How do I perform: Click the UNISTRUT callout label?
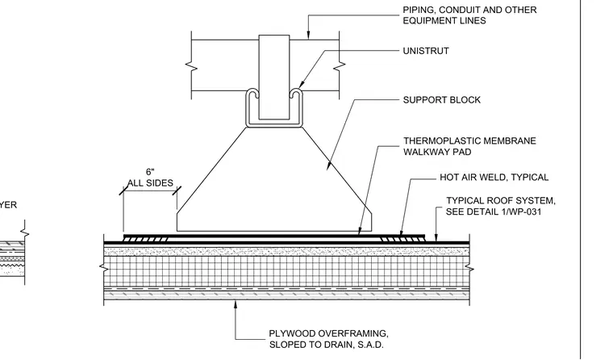pos(426,51)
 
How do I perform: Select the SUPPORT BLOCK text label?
pos(442,100)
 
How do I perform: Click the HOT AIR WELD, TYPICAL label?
pos(494,178)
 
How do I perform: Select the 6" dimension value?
pos(150,172)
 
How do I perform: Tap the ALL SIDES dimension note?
pos(150,182)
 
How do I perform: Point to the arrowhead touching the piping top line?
pos(308,36)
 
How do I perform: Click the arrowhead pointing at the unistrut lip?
pos(302,84)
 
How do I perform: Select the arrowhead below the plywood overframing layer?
pos(236,305)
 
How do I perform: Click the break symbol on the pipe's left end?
pos(192,66)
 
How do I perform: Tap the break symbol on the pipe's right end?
pos(340,66)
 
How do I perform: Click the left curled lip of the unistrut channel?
pos(252,94)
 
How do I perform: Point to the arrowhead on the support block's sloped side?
pos(329,165)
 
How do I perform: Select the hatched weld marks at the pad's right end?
pos(402,239)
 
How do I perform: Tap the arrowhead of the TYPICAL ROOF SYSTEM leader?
pos(436,237)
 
